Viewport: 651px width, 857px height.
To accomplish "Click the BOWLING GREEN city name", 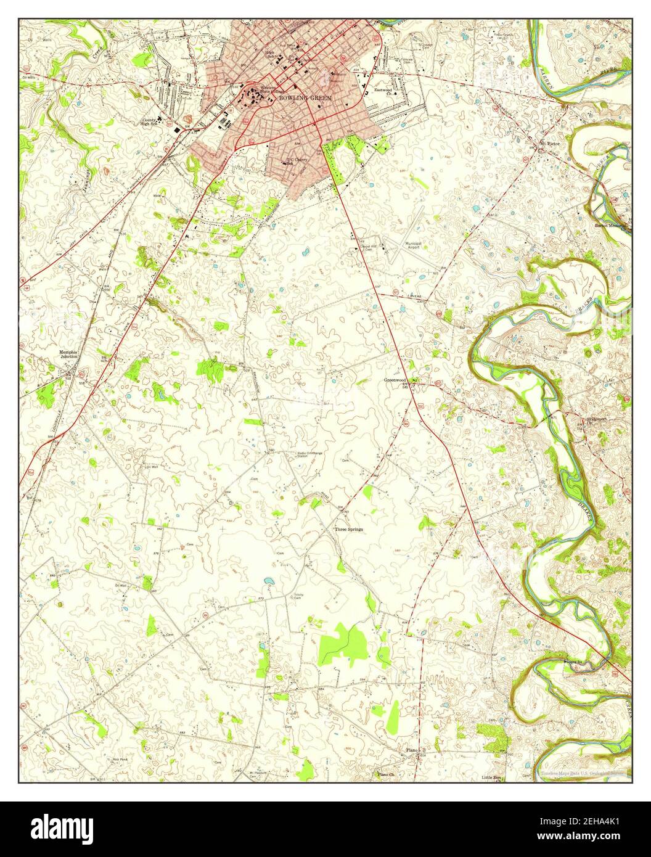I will pyautogui.click(x=305, y=98).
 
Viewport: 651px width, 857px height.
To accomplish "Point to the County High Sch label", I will pyautogui.click(x=150, y=122).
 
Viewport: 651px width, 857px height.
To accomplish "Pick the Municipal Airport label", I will pyautogui.click(x=413, y=246).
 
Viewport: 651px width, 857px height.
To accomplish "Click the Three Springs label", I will pyautogui.click(x=349, y=529).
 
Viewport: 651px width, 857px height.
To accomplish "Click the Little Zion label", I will pyautogui.click(x=492, y=778).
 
